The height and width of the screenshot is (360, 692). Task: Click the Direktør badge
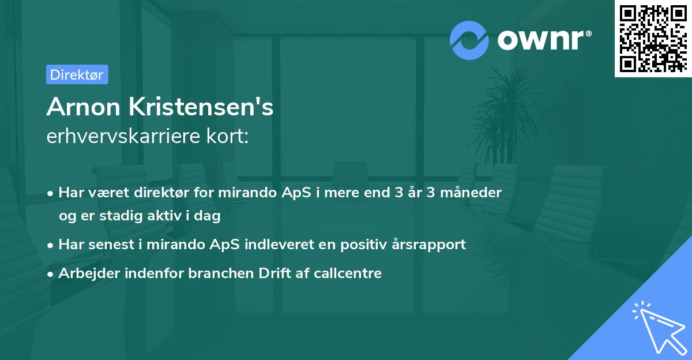pos(77,74)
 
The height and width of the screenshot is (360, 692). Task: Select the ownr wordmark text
pos(543,39)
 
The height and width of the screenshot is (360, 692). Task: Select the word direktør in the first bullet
pos(160,192)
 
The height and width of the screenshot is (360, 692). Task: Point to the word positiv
pos(364,244)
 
